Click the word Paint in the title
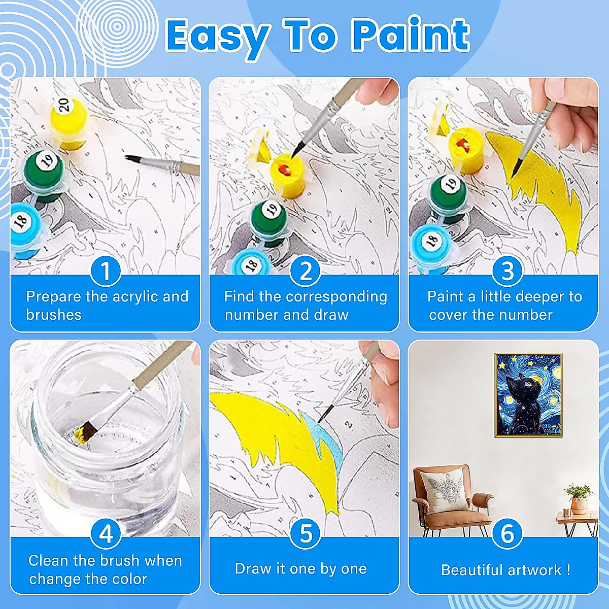click(411, 36)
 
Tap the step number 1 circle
click(106, 271)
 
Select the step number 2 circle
click(305, 271)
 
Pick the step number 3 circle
click(507, 271)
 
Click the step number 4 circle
click(106, 534)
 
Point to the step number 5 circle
click(305, 534)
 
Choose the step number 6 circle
click(507, 534)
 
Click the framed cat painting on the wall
click(528, 395)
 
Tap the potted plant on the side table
click(579, 497)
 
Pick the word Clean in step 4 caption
click(49, 561)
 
